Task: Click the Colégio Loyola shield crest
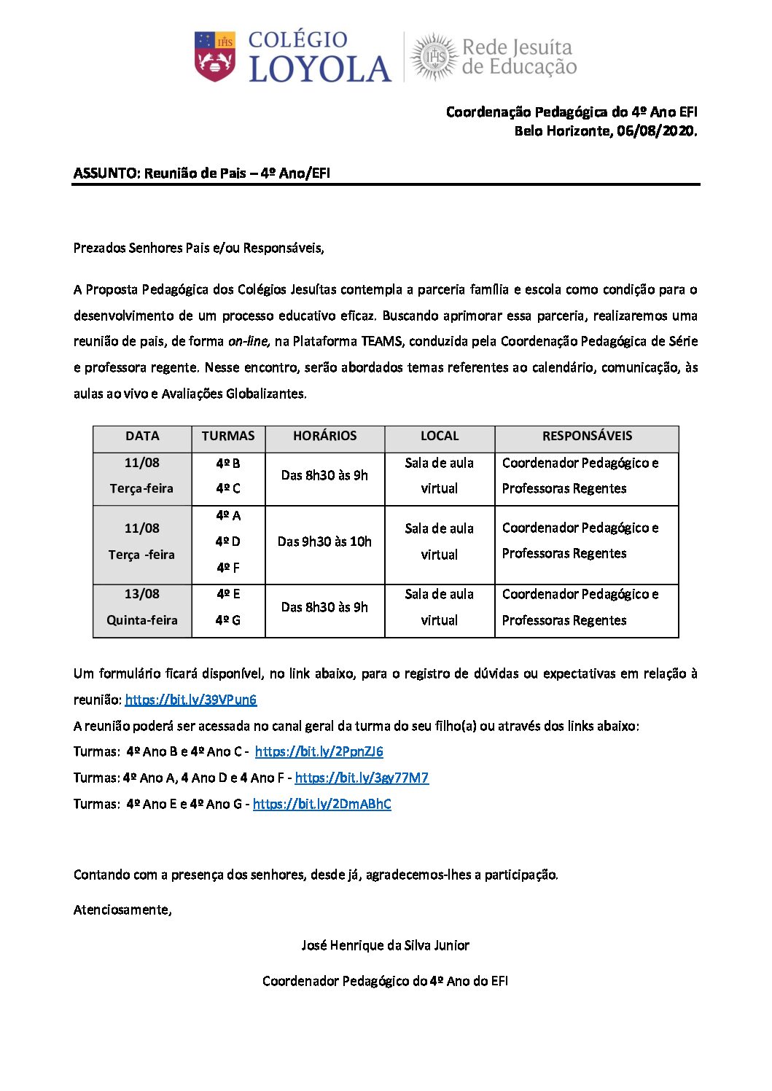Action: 214,56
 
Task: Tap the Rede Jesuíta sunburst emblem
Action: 434,56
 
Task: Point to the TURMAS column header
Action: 228,436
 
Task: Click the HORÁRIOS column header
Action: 324,436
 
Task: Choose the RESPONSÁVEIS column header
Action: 587,436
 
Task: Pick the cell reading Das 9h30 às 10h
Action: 324,541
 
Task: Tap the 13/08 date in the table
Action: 141,594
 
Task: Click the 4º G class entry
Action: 228,620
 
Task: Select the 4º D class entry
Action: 228,541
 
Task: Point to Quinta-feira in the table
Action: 141,620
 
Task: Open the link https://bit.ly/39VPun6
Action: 191,700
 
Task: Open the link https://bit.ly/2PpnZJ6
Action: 319,751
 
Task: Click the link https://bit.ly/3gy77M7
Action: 362,778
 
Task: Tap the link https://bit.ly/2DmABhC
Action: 321,804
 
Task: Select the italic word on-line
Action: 249,341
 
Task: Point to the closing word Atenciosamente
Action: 122,910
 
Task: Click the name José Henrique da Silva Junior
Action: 385,945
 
